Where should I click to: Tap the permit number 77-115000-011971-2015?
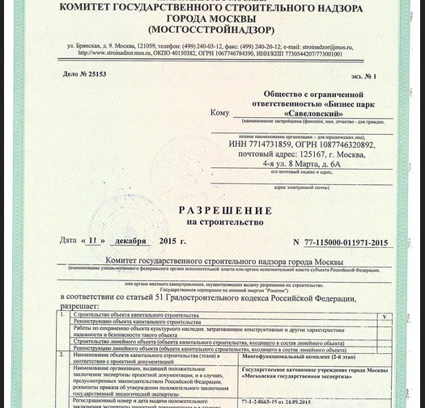click(x=346, y=242)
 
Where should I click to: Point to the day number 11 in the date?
click(x=96, y=241)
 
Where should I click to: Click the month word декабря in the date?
click(x=130, y=241)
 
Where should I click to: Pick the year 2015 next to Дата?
click(x=168, y=241)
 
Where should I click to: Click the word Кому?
click(x=219, y=112)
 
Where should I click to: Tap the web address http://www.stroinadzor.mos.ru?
click(x=117, y=54)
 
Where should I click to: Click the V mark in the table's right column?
click(x=385, y=317)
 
